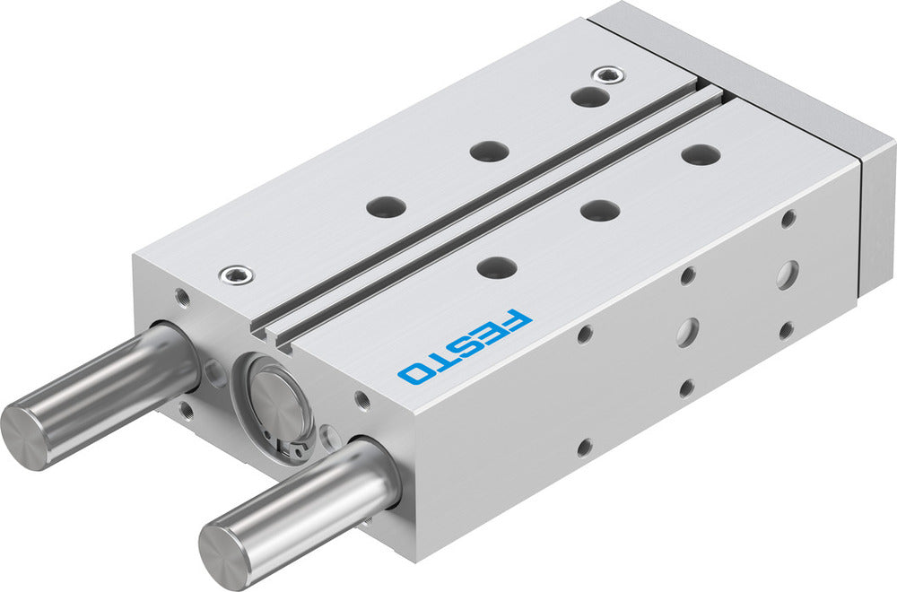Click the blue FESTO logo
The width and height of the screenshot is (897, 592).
click(465, 347)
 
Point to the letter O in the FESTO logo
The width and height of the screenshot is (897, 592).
click(414, 372)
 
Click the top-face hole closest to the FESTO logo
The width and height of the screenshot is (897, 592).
click(497, 266)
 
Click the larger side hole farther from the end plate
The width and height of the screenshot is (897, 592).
click(686, 331)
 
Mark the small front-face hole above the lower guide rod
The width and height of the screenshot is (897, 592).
click(361, 399)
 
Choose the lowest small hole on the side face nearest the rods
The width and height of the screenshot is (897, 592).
click(584, 447)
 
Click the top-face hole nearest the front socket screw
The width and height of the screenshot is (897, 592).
click(386, 206)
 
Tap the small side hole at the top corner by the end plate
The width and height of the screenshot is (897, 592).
click(788, 217)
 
